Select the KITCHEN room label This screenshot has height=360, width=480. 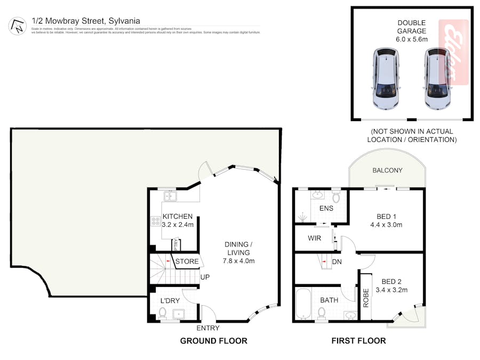click(177, 217)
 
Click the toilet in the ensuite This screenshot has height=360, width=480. click(336, 197)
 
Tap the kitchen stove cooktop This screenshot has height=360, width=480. click(157, 221)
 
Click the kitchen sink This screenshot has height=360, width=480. click(171, 196)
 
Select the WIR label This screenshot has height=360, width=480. click(314, 238)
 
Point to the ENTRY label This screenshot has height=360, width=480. click(207, 328)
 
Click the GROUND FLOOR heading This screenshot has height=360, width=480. click(213, 341)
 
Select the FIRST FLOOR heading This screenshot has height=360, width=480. click(358, 341)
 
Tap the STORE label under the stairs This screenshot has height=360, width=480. click(187, 261)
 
